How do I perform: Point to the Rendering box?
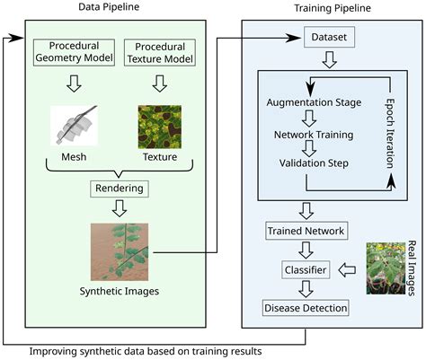[117, 189]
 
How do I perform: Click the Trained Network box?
[306, 231]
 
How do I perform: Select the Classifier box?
[306, 268]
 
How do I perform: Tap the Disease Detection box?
[306, 308]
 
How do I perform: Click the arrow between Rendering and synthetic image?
[117, 210]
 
